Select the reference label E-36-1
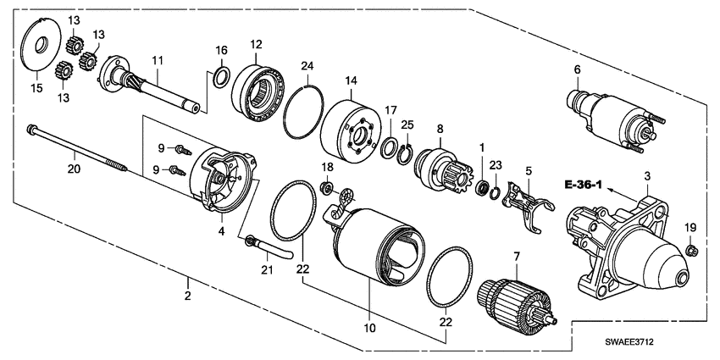click(x=580, y=184)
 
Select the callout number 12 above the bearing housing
click(x=256, y=44)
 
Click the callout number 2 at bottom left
click(x=188, y=296)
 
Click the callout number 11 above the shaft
click(x=157, y=60)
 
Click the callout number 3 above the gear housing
click(x=646, y=175)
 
